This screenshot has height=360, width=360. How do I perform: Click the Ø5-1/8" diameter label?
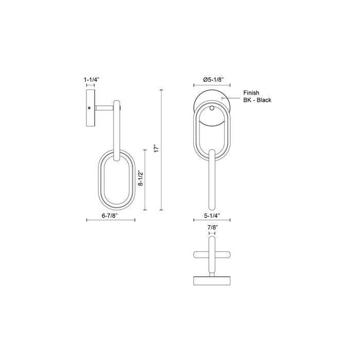pyautogui.click(x=212, y=80)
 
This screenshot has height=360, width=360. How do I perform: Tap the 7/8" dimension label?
pyautogui.click(x=211, y=227)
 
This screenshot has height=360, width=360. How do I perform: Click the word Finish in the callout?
pyautogui.click(x=251, y=93)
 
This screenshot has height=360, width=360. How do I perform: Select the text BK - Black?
pyautogui.click(x=257, y=100)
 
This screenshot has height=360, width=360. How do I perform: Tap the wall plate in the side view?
pyautogui.click(x=91, y=109)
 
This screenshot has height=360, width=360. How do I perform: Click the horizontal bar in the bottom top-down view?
pyautogui.click(x=211, y=255)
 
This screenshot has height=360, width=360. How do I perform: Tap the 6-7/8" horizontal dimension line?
pyautogui.click(x=110, y=220)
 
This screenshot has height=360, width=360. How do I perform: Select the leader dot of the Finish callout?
pyautogui.click(x=222, y=97)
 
